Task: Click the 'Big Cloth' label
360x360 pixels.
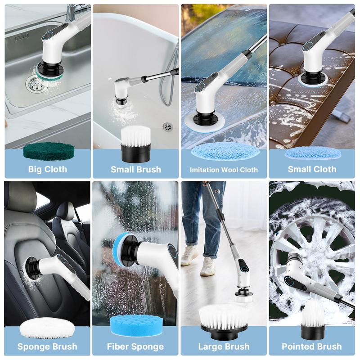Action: coord(47,169)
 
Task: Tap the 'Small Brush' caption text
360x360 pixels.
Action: coord(135,170)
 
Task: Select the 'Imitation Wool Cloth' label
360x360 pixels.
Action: coord(224,170)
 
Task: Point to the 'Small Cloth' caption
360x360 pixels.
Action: coord(312,169)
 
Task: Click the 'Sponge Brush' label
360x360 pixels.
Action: coord(47,346)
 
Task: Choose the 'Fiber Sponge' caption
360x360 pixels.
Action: coord(135,346)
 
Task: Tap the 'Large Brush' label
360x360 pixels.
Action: coord(224,346)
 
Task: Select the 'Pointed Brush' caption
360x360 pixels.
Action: coord(312,346)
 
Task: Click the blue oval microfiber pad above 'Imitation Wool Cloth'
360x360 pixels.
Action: coord(224,152)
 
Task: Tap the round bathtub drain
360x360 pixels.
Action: coord(167,126)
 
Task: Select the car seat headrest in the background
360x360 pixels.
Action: coord(66,211)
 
